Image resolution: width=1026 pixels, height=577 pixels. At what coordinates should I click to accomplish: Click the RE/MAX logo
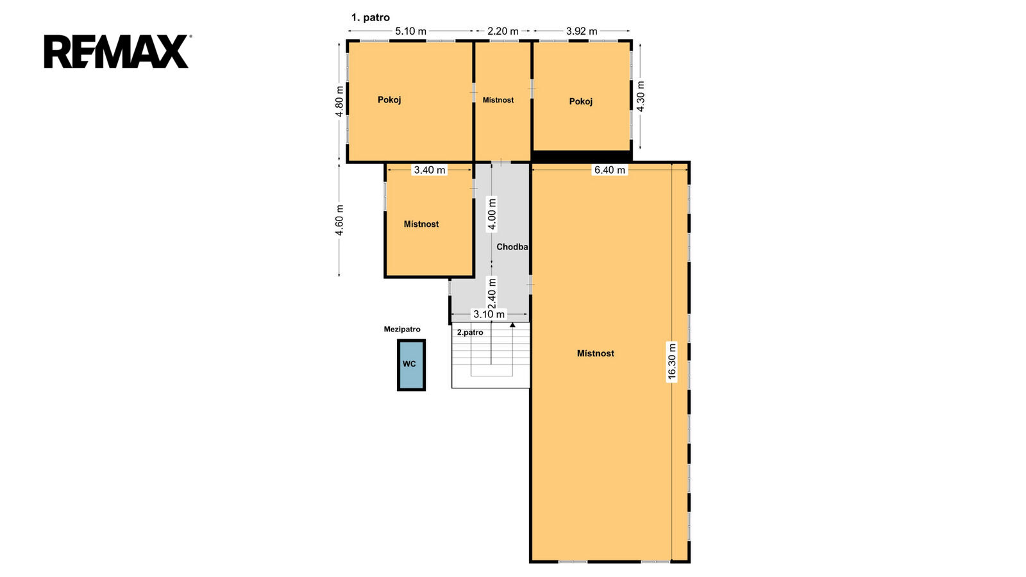116,51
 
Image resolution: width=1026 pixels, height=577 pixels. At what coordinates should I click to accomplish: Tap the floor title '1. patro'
370,17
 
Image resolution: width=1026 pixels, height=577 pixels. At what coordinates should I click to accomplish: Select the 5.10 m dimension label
410,31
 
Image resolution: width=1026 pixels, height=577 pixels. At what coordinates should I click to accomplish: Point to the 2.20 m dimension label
503,31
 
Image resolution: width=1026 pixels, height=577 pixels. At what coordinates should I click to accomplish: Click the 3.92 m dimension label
581,31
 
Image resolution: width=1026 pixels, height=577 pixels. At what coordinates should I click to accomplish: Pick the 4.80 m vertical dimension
339,101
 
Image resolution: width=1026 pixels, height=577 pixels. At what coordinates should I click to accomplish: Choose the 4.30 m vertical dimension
641,96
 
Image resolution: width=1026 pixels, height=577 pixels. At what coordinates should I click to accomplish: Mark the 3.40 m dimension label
430,170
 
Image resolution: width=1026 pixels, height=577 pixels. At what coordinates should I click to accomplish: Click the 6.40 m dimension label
609,170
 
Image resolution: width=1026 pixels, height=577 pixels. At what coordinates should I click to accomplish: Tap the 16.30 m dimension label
671,362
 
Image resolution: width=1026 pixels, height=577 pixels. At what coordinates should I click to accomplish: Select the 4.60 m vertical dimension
339,221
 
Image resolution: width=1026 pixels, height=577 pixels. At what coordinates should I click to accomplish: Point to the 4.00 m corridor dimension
491,214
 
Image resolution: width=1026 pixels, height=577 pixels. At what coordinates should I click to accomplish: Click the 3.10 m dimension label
489,314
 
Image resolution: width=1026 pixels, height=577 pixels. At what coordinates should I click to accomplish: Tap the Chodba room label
512,247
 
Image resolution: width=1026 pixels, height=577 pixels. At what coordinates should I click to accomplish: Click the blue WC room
411,365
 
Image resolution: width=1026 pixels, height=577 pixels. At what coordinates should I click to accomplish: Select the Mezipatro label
401,330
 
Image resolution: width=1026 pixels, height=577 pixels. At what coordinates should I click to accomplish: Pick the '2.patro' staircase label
470,333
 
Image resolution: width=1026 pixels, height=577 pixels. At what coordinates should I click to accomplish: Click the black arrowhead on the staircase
512,324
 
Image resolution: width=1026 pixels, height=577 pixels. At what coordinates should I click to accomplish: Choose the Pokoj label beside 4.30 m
581,101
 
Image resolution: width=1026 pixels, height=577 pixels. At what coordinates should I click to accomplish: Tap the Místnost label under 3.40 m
421,224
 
